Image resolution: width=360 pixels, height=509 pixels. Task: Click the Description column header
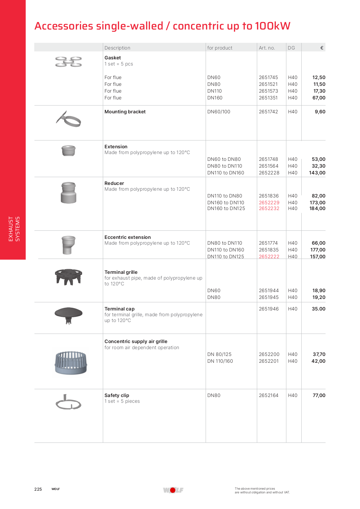click(x=117, y=48)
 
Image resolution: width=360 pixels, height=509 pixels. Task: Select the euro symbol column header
click(x=322, y=48)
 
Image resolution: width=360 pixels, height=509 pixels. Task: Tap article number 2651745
click(x=268, y=77)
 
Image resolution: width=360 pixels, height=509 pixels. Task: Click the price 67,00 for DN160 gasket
click(x=319, y=98)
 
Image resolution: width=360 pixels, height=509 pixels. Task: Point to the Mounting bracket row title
click(x=125, y=112)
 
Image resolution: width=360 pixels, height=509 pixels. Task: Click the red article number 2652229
click(x=269, y=203)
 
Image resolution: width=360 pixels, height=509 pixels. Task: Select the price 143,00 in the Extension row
click(x=317, y=173)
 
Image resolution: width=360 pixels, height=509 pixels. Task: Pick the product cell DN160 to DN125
click(x=226, y=208)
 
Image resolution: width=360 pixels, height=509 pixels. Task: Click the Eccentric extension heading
click(x=128, y=237)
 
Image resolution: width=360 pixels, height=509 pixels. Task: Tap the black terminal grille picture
click(x=69, y=277)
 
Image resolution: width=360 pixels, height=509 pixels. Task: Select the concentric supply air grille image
click(x=71, y=362)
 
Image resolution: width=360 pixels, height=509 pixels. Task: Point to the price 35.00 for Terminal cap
click(x=319, y=309)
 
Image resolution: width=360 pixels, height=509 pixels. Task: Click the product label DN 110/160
click(x=220, y=361)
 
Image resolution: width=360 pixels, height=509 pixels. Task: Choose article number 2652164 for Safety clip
click(x=268, y=395)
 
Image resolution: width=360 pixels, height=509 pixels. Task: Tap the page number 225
click(x=38, y=489)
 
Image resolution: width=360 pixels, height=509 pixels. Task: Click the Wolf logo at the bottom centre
click(x=173, y=490)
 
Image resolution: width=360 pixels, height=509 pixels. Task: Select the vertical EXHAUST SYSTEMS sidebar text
click(x=14, y=229)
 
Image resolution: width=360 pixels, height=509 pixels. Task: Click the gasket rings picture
click(x=69, y=62)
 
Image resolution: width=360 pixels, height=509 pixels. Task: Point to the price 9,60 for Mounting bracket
click(x=320, y=112)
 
